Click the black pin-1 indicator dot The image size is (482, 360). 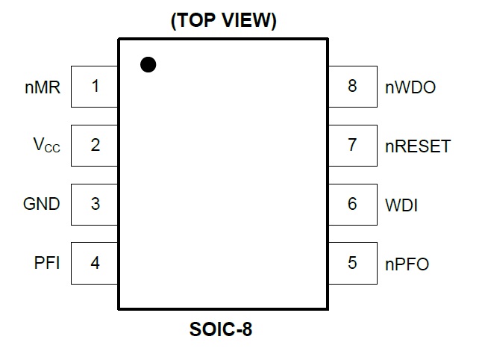[148, 65]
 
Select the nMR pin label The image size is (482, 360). [43, 87]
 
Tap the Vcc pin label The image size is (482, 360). [46, 145]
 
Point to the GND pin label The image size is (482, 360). [42, 204]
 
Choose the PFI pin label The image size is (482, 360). [47, 263]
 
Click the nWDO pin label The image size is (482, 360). [410, 87]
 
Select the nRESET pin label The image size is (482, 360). [418, 146]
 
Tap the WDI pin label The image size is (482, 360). [401, 205]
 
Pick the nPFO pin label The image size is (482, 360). [407, 264]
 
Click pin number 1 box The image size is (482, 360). [94, 87]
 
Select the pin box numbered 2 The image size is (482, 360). [94, 146]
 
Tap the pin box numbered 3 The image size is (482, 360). [94, 205]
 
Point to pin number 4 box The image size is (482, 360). [94, 264]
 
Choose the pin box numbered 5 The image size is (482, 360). [353, 264]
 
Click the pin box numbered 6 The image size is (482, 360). [353, 205]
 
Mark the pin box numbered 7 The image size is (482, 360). [353, 146]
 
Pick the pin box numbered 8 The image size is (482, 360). [353, 87]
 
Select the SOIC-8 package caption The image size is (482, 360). [221, 329]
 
